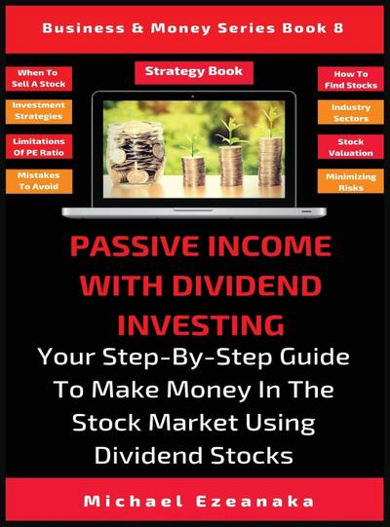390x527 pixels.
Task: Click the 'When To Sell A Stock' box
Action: (x=38, y=78)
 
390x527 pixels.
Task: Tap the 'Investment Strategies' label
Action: (x=38, y=111)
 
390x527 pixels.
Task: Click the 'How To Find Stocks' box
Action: (x=350, y=78)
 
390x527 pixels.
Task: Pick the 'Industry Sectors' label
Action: (x=350, y=111)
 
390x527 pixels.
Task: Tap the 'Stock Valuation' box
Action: (x=350, y=146)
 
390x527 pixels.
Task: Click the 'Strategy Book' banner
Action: (x=194, y=72)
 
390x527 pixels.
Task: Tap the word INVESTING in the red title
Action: (x=195, y=321)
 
